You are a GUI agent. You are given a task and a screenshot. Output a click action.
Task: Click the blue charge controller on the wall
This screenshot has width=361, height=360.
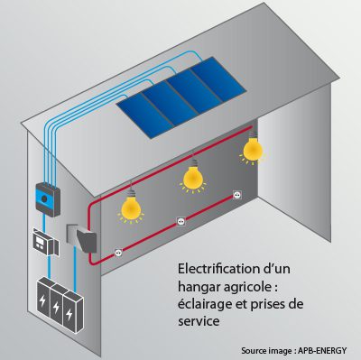[x=44, y=194]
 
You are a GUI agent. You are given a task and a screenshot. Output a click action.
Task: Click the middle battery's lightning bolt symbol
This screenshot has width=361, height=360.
[x=59, y=305]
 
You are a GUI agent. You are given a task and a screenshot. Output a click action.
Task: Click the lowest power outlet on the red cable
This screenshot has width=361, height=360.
[x=117, y=255]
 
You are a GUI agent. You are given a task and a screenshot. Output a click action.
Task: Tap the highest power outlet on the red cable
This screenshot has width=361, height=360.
[x=237, y=194]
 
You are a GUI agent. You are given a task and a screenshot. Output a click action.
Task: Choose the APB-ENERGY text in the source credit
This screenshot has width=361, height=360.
[x=326, y=350]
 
